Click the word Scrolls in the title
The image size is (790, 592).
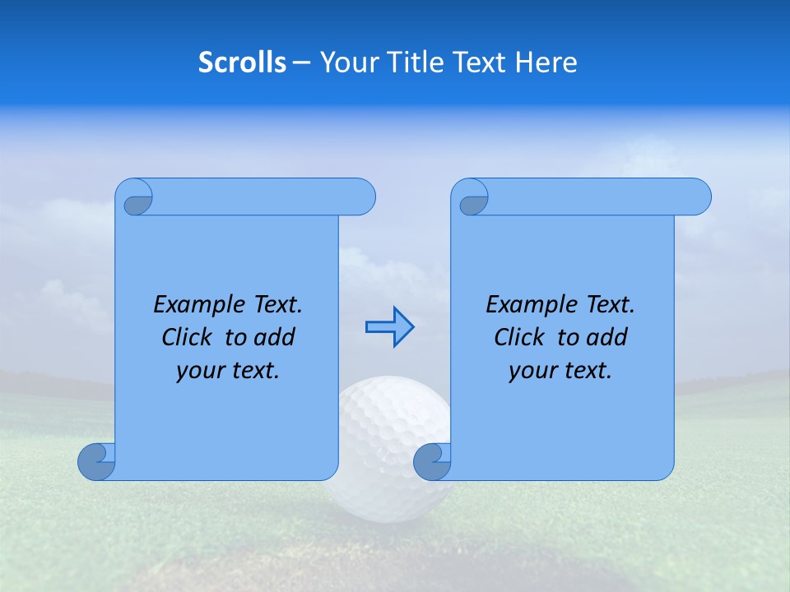[242, 62]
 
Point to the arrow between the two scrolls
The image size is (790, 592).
[389, 327]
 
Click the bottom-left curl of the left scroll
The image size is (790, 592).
[97, 461]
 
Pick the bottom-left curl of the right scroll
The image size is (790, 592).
[432, 461]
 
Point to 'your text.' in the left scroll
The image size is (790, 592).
[228, 371]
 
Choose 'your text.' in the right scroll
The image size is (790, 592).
[560, 371]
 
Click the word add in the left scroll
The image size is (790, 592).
[274, 338]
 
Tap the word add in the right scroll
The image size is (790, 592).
[606, 338]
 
